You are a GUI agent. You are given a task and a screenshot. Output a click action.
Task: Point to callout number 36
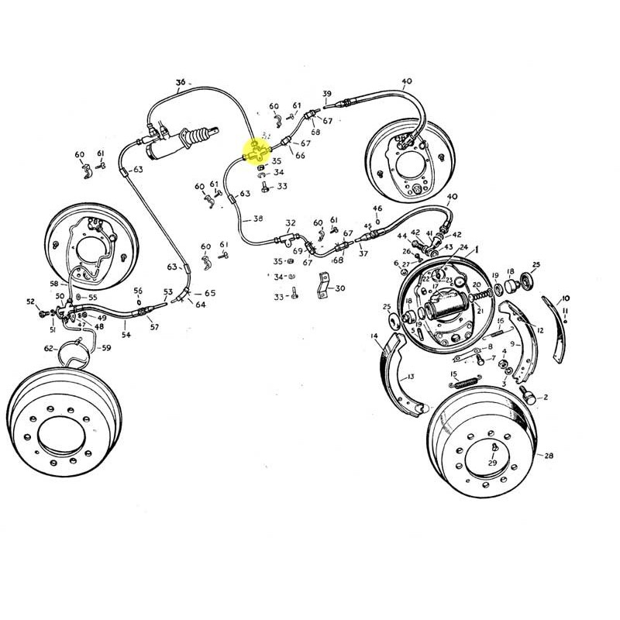click(x=181, y=82)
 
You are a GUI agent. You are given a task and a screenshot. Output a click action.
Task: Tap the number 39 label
click(x=327, y=94)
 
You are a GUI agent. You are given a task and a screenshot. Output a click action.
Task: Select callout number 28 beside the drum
click(x=549, y=456)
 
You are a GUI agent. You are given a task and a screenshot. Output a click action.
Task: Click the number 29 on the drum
click(x=492, y=463)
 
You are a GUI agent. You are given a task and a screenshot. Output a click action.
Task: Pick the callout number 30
click(x=340, y=288)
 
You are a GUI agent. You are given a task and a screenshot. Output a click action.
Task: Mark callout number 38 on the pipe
click(x=258, y=219)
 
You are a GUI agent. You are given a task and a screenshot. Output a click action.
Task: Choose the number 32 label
click(x=291, y=222)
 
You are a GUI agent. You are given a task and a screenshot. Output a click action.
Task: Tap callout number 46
click(x=377, y=208)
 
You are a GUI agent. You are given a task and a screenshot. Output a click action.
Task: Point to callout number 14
click(x=374, y=336)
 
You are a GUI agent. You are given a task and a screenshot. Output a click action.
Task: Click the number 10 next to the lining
click(x=565, y=298)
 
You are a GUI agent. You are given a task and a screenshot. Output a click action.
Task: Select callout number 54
click(x=126, y=335)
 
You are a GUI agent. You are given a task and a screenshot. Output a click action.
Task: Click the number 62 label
click(x=49, y=349)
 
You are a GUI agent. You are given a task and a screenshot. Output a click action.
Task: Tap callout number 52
click(x=31, y=301)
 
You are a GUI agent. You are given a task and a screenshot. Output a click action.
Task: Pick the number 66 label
click(x=301, y=156)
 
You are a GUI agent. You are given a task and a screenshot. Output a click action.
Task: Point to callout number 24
click(x=464, y=248)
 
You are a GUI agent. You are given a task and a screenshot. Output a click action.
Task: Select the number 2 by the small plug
click(x=546, y=398)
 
